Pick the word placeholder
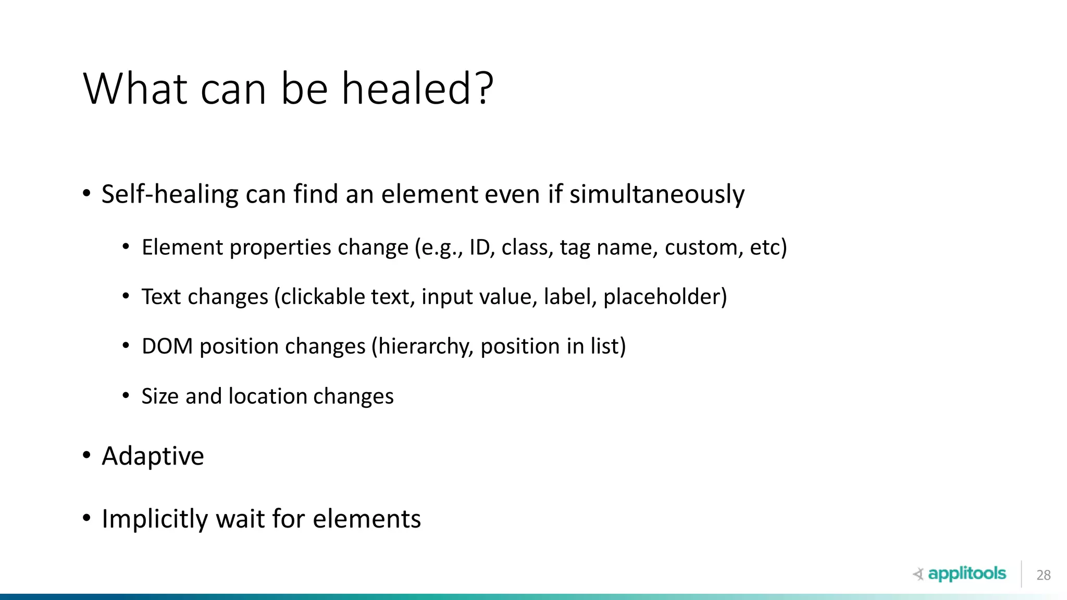665,297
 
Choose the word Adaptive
153,457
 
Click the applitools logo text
967,574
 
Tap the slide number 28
1044,575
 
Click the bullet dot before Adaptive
87,456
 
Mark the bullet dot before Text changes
126,296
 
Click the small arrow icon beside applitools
918,574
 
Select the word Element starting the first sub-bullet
182,247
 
